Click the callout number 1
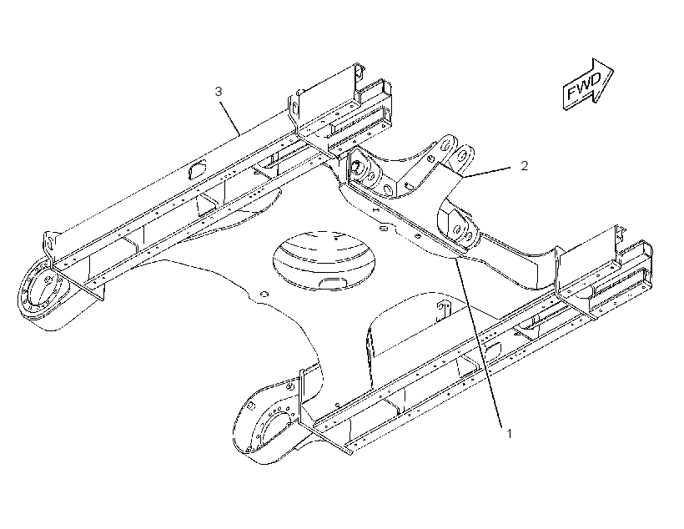509,433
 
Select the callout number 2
525,165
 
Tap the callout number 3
219,91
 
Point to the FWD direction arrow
588,84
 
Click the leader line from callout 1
478,340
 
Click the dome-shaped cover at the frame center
324,260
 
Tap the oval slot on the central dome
333,283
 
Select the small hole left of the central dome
264,295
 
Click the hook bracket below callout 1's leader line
443,310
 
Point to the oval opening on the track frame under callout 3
197,169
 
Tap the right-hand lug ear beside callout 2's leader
462,158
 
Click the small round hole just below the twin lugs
430,158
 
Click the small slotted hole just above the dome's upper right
384,228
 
